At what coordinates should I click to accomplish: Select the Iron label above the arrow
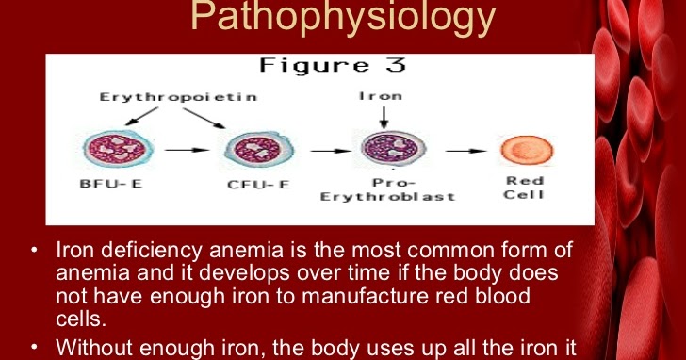[382, 97]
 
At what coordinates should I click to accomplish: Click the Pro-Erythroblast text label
[388, 188]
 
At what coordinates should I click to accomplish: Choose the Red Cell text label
[525, 188]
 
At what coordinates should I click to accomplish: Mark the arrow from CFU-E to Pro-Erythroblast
[323, 149]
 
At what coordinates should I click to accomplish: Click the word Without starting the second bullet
[97, 347]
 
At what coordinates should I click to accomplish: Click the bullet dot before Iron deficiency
[34, 251]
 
